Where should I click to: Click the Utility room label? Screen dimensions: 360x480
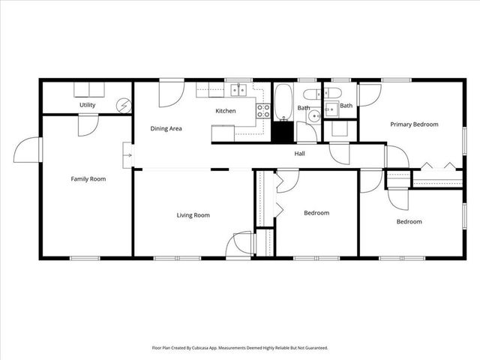pos(87,105)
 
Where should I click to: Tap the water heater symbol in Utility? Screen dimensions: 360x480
pos(124,106)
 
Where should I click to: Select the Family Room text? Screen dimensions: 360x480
pos(88,179)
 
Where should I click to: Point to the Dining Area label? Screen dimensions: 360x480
pos(166,128)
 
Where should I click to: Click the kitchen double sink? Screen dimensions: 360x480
pos(238,91)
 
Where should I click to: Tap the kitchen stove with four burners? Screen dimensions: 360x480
pos(263,111)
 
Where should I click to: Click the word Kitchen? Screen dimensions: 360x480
pos(226,111)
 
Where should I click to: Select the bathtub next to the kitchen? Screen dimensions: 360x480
pos(284,103)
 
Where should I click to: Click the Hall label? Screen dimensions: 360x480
pos(299,154)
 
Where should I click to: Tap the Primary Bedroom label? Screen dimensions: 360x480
pos(414,124)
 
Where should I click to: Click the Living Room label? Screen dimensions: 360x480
pos(193,215)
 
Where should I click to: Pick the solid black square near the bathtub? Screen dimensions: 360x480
pos(282,133)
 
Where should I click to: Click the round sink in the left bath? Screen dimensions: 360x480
pos(313,115)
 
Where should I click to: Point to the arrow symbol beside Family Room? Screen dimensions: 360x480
pos(128,156)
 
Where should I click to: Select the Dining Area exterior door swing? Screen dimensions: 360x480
pos(170,93)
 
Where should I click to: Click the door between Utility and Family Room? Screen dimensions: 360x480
pos(87,124)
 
